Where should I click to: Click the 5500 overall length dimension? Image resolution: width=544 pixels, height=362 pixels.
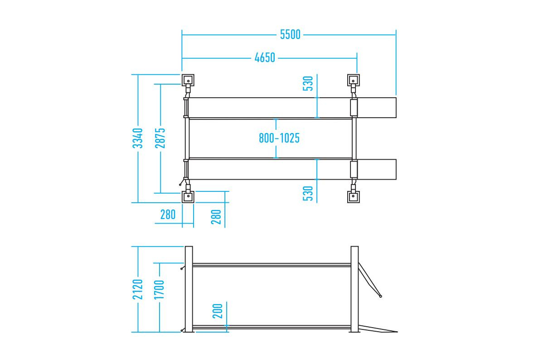(x=290, y=34)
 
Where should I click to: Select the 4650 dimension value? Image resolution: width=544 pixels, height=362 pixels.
(x=265, y=58)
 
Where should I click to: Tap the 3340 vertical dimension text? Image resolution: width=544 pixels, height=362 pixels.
(x=138, y=138)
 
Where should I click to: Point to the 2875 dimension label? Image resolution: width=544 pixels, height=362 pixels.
(x=160, y=138)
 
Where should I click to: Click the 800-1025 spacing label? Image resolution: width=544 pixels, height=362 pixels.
(x=279, y=138)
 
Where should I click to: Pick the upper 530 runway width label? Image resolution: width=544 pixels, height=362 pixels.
(x=308, y=83)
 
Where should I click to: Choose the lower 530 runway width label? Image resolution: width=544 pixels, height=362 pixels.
(x=308, y=193)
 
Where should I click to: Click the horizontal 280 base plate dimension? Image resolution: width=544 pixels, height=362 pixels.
(x=168, y=214)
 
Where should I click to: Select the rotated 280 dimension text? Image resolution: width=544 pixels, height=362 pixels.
(x=216, y=217)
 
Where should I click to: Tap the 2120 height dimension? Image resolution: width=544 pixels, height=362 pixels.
(x=138, y=289)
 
